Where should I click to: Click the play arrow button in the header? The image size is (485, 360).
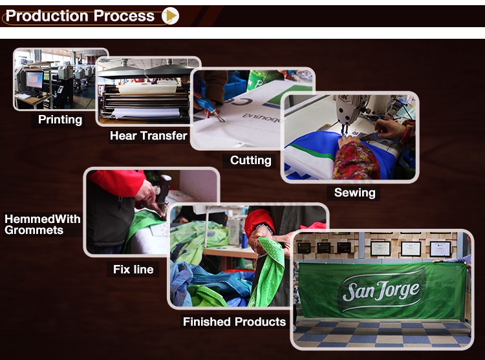click(x=171, y=16)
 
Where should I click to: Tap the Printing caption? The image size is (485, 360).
click(x=60, y=120)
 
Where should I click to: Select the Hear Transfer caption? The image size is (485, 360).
click(x=149, y=136)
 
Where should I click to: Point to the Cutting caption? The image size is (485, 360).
click(x=250, y=160)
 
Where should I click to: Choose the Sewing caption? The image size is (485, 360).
click(x=355, y=193)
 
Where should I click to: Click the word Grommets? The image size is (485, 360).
click(x=34, y=230)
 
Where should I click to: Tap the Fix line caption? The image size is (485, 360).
click(x=133, y=270)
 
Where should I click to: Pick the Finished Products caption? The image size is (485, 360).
click(x=234, y=322)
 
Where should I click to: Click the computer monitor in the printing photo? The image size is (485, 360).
click(x=34, y=80)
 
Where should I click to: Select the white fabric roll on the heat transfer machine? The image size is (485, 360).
click(x=145, y=113)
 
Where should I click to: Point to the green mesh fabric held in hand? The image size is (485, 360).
click(x=269, y=272)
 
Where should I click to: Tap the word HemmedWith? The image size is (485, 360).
click(x=43, y=219)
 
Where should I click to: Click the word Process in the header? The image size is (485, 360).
click(x=124, y=16)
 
